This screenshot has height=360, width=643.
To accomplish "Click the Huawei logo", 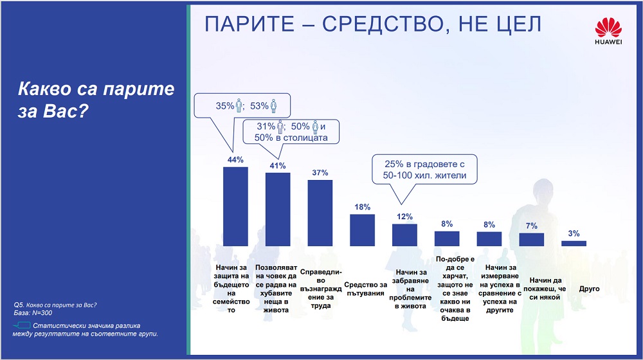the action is pos(608,31).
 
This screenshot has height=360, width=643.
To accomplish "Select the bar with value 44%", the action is pos(235,206).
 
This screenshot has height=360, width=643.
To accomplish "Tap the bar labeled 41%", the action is pos(278,209).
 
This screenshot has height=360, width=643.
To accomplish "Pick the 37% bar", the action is pos(320,213).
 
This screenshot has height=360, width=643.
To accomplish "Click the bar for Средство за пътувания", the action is pos(362,230).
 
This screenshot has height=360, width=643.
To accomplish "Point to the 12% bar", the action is pos(404,235).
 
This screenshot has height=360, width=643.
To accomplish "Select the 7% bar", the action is pos(532,239).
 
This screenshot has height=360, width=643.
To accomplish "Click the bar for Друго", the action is pos(574,244).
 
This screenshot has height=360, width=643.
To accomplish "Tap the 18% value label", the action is pos(363,207).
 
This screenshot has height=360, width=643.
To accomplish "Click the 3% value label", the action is pos(574,234).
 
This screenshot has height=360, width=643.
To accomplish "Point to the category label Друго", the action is pos(589,289).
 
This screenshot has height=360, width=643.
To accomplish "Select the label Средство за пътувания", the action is pos(365,289).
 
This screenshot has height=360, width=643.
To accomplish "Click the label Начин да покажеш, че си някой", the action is pos(545,289).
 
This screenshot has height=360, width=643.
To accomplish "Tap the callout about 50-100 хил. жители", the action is pos(424,169).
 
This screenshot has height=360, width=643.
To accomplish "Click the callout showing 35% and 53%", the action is pos(242,106).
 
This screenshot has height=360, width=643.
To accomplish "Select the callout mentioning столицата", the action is pos(291,132).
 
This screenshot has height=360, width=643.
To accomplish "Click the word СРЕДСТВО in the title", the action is pos(383,24).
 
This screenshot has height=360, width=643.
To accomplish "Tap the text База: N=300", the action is pos(33,313).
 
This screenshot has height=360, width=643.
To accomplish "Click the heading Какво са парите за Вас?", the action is pos(96,100).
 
